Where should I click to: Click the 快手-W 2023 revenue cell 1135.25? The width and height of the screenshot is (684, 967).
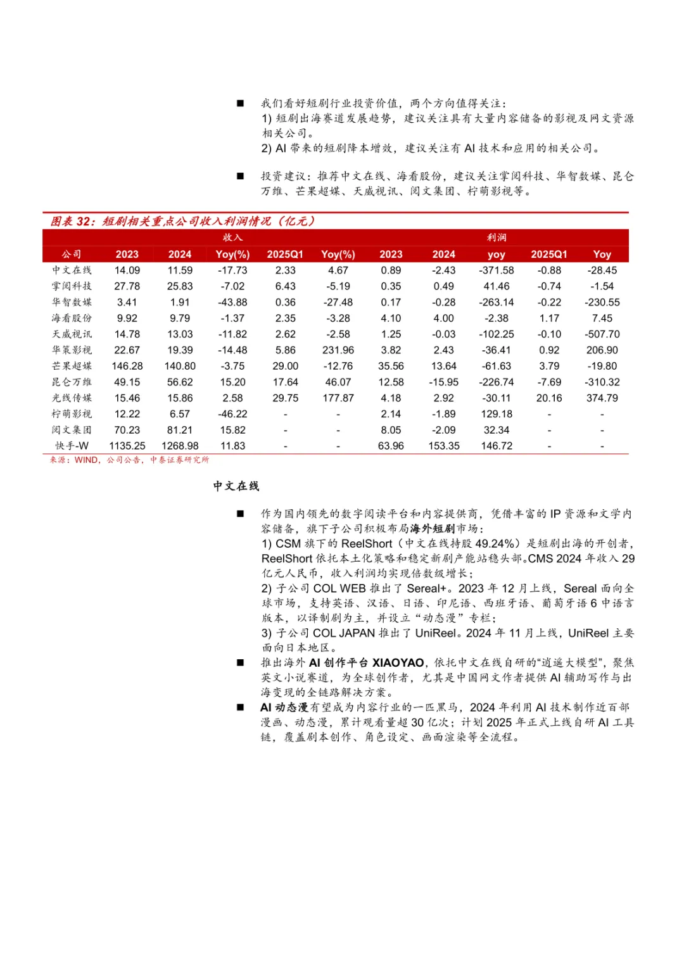[x=127, y=446]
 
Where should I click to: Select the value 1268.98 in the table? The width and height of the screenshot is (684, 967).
[x=180, y=446]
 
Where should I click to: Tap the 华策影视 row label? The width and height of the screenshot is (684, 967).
[x=72, y=350]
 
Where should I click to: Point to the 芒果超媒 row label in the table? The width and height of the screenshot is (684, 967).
[x=72, y=366]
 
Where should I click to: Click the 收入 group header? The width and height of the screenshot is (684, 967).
[x=232, y=237]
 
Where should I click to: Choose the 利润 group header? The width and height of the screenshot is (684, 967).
[x=497, y=237]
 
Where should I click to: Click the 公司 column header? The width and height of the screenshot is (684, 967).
[x=72, y=254]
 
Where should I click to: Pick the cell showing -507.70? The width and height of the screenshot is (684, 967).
[x=602, y=334]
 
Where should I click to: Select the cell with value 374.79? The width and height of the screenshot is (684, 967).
[x=602, y=398]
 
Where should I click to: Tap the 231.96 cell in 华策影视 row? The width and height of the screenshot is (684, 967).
[x=338, y=350]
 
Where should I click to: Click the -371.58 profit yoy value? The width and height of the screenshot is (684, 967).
[x=497, y=270]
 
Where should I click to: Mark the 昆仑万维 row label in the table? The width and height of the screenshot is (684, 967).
[x=72, y=382]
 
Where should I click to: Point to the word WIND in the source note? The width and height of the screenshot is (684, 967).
[x=86, y=460]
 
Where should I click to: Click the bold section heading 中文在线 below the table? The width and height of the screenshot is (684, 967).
[x=236, y=486]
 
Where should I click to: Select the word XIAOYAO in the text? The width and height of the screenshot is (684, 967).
[x=398, y=663]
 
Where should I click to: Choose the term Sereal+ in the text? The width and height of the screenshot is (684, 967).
[x=426, y=588]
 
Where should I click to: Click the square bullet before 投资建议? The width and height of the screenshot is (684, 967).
[x=240, y=176]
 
